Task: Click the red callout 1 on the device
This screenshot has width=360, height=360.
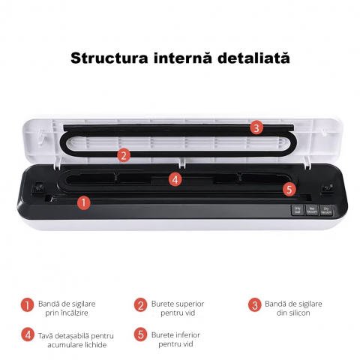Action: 84,202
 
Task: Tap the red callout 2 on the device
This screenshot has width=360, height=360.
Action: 124,155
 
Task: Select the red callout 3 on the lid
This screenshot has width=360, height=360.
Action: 256,127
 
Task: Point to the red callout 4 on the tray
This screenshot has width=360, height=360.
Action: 175,179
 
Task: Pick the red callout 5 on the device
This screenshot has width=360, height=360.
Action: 289,190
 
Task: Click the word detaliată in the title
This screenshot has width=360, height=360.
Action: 250,58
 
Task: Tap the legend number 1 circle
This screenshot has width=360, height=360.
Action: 28,304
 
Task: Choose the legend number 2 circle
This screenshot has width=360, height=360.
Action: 140,304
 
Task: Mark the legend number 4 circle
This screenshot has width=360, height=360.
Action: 28,335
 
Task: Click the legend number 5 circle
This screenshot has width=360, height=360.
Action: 140,335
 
